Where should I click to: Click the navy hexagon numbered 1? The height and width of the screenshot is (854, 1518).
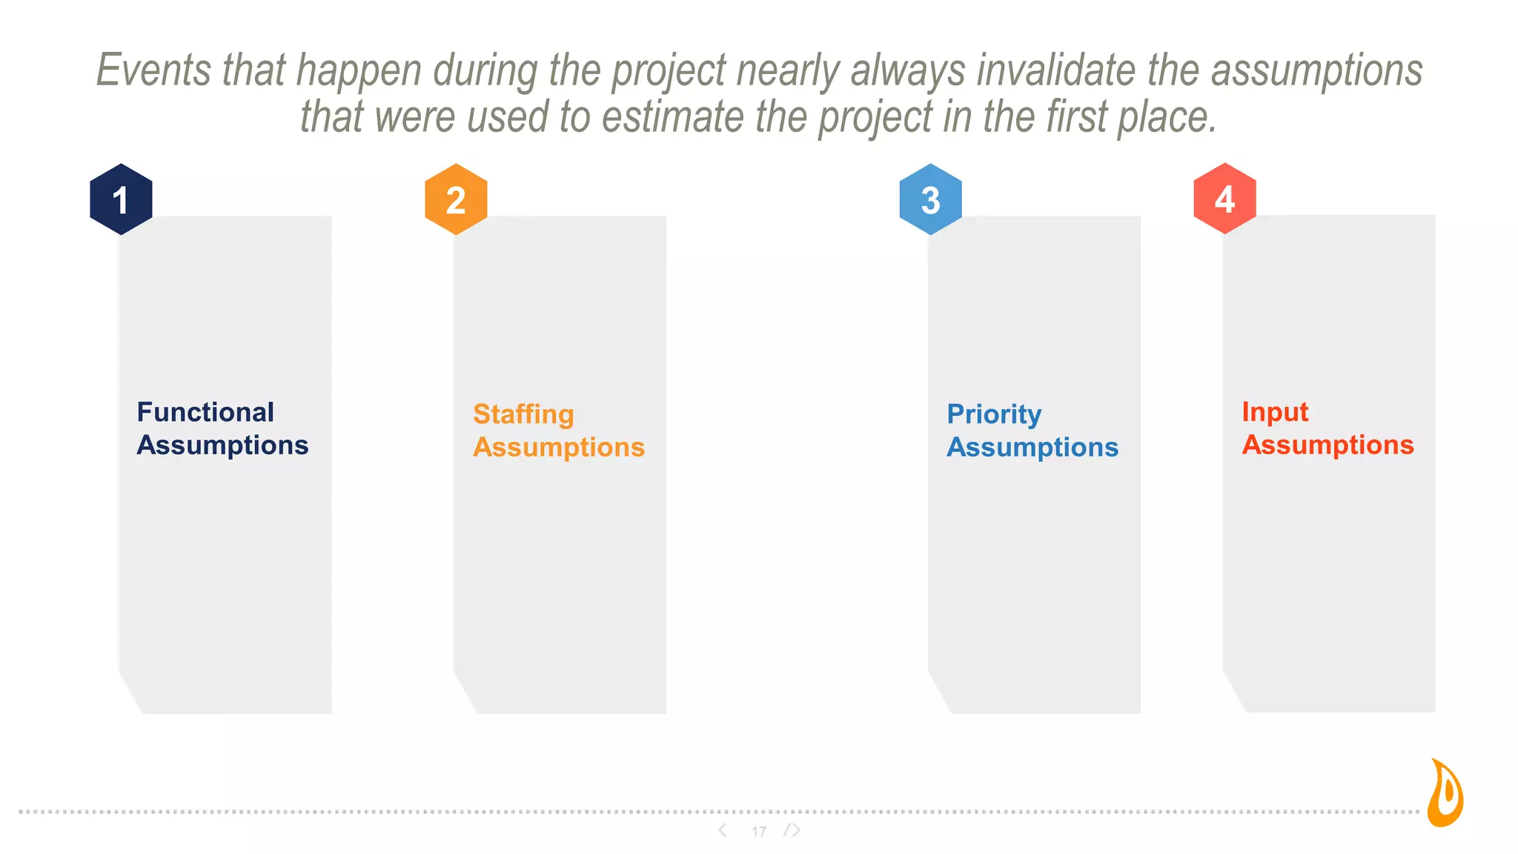(x=121, y=199)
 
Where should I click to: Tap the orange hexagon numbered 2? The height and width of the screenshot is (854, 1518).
(x=456, y=199)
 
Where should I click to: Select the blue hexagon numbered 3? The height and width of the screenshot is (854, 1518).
(x=930, y=199)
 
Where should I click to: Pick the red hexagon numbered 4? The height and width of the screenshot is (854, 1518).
(x=1224, y=199)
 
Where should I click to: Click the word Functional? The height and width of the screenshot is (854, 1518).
(x=205, y=412)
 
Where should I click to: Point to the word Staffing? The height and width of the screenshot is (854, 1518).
(x=523, y=414)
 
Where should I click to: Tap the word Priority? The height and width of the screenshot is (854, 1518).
(x=994, y=414)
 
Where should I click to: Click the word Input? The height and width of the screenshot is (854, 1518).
(x=1275, y=412)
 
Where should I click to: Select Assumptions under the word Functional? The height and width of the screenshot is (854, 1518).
(x=222, y=445)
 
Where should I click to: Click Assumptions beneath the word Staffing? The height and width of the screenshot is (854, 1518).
(x=559, y=447)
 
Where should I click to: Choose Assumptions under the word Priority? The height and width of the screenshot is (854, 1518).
(x=1033, y=447)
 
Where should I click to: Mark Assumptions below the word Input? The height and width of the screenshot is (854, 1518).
(x=1328, y=445)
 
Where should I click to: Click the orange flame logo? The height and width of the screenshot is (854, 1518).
(x=1446, y=792)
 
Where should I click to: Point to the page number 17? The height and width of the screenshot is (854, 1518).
(x=758, y=832)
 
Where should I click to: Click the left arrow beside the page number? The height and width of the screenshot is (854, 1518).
(x=723, y=830)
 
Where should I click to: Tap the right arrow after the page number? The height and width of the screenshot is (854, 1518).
(x=793, y=830)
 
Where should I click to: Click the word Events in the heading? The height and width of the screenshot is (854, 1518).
(x=153, y=70)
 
